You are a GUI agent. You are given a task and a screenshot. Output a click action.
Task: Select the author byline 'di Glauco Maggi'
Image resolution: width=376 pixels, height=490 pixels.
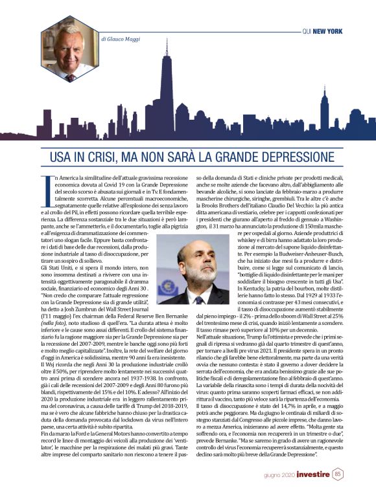pos(121,39)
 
